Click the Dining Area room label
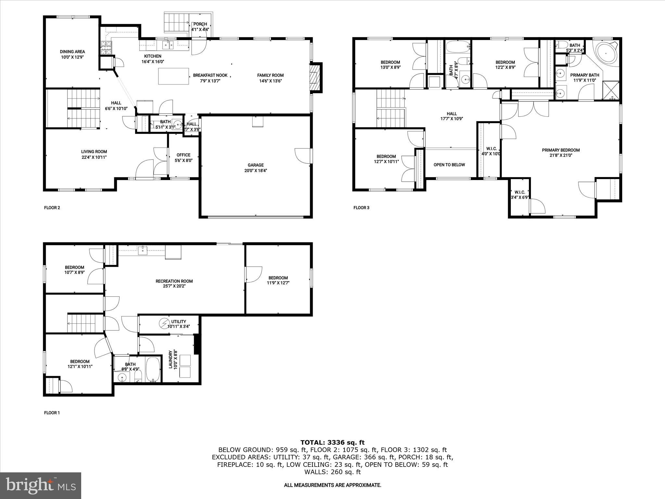click(72, 52)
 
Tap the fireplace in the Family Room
click(315, 77)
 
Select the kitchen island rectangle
click(173, 76)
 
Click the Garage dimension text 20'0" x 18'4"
click(256, 171)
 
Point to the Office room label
click(183, 155)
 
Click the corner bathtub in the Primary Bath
click(606, 53)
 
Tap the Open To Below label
click(449, 165)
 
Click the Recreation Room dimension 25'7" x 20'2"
click(174, 286)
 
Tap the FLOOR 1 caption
click(52, 413)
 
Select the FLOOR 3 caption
click(361, 208)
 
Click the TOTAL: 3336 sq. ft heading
click(332, 442)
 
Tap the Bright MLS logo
click(41, 486)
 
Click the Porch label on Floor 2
click(200, 24)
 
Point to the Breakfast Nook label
click(210, 75)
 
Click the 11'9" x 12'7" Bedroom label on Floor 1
click(278, 278)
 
